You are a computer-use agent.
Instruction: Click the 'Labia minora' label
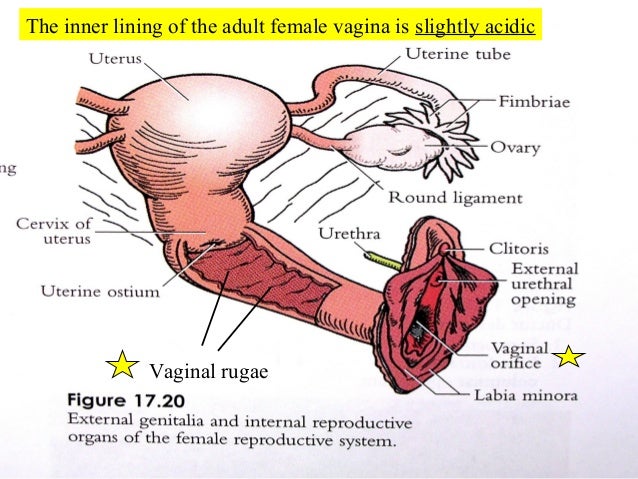click(523, 395)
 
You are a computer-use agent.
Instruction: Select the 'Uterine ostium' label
click(99, 291)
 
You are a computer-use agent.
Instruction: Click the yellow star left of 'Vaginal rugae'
click(121, 367)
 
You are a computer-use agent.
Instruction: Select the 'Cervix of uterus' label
click(54, 231)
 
